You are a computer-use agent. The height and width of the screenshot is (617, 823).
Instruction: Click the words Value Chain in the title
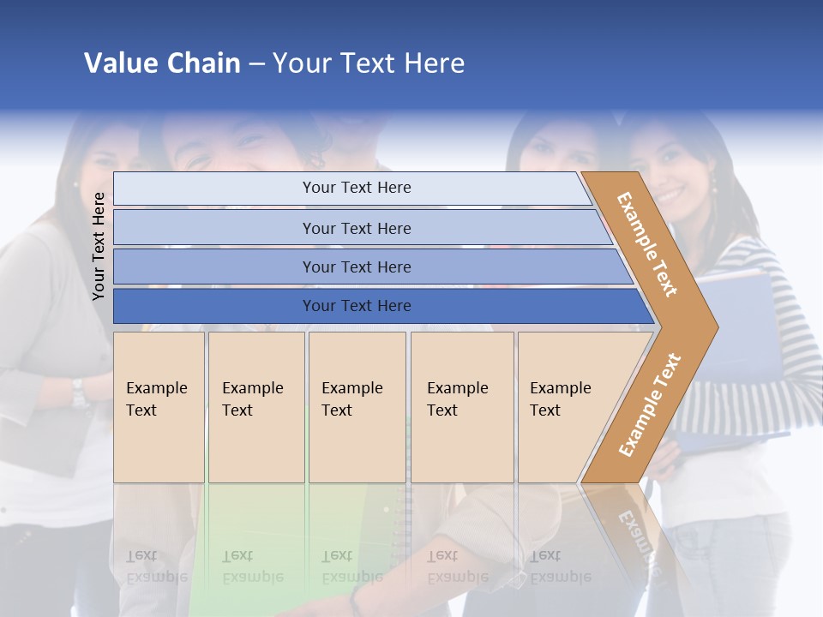pos(162,63)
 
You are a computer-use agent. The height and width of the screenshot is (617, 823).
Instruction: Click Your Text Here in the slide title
pos(369,63)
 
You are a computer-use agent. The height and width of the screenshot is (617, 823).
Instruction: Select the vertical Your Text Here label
pos(99,246)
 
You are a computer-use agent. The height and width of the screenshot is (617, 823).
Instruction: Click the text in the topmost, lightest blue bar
pos(357,188)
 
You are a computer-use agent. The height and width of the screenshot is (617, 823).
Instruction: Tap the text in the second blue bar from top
pos(357,229)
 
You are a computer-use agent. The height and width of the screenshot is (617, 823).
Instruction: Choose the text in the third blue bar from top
pos(357,267)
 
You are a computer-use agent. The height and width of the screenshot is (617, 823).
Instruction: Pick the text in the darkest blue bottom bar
pos(357,306)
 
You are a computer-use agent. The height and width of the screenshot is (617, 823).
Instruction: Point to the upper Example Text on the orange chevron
pos(647,244)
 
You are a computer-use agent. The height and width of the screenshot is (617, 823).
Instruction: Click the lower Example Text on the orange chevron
pos(650,404)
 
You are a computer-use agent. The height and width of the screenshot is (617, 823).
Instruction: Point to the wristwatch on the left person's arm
pos(80,392)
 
